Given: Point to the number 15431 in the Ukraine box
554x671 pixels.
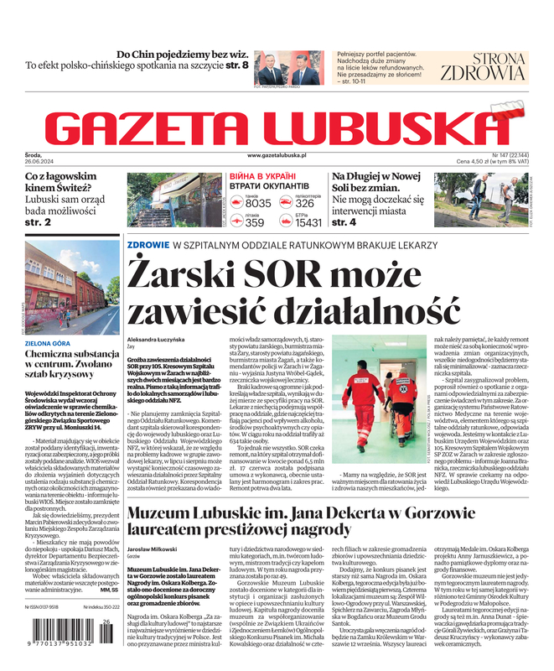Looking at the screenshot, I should (308, 223).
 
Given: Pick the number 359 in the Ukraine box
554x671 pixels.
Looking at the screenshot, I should (255, 223).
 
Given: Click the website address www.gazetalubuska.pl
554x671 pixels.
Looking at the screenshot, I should (277, 156).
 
